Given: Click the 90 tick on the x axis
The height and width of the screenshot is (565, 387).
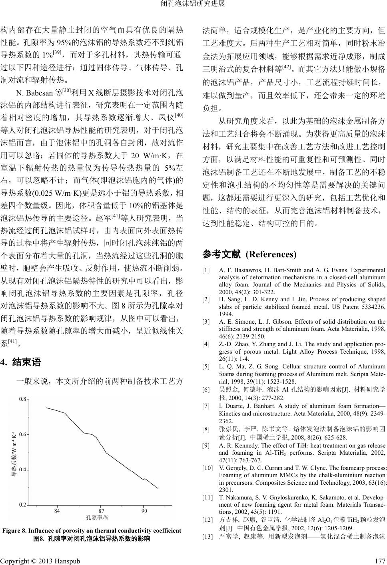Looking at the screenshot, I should (x=144, y=511).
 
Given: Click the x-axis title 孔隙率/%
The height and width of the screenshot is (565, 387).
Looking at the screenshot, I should (x=97, y=517).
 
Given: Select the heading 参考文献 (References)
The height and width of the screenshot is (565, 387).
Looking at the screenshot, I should (x=250, y=254).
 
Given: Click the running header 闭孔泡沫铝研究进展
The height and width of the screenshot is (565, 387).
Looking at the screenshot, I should (x=193, y=4).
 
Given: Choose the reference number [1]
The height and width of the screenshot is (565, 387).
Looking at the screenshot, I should (x=206, y=271).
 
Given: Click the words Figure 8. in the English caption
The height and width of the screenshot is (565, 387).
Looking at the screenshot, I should (x=16, y=531).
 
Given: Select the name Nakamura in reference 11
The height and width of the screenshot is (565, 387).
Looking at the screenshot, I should (x=237, y=497).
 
